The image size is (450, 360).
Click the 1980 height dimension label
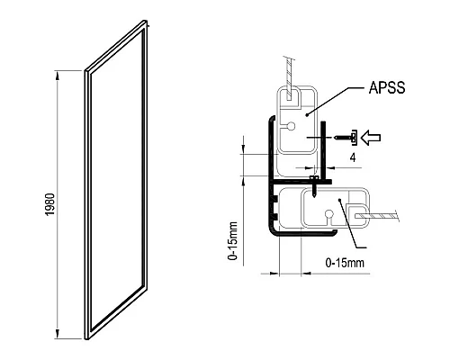point(50,204)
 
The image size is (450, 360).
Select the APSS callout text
point(387,87)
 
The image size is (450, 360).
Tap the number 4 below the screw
point(353,157)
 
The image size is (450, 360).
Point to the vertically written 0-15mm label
point(233,240)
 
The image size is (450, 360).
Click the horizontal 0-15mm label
point(345,263)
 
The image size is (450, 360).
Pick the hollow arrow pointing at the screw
point(371,138)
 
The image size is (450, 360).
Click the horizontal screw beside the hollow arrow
point(346,138)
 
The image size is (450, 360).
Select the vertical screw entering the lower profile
point(313,187)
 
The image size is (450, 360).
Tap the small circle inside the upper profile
point(291,126)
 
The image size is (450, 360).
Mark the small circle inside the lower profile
point(329,214)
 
